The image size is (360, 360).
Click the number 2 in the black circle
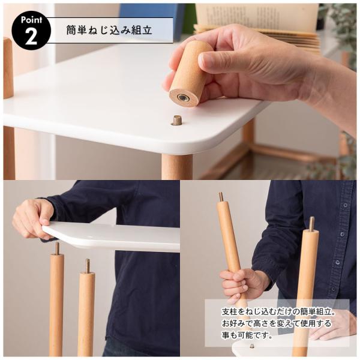pos(31,35)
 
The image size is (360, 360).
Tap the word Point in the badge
pos(31,19)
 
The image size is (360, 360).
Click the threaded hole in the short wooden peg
pos(183,97)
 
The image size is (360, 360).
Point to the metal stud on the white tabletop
pos(176,120)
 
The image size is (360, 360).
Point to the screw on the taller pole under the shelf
pos(57,248)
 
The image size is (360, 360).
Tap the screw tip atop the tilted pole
pos(221,196)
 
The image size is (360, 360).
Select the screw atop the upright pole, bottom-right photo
pos(311,223)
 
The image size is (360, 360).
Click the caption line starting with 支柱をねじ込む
pos(277,311)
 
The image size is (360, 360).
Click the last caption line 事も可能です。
pos(239,337)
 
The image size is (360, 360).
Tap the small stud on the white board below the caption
pos(252,346)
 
